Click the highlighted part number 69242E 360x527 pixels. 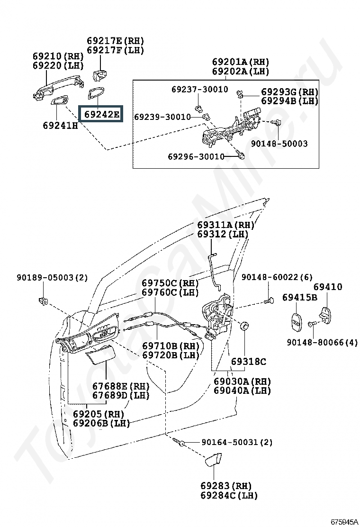[x=101, y=114]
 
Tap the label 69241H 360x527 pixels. [x=61, y=126]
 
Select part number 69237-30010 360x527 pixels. [x=200, y=89]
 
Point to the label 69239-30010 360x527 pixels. [x=162, y=117]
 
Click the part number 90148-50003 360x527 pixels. [x=279, y=144]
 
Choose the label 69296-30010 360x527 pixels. [x=196, y=156]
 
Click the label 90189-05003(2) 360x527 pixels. [x=52, y=277]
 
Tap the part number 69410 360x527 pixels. [x=328, y=287]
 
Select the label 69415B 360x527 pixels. [x=299, y=297]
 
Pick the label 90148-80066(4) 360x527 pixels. [x=322, y=342]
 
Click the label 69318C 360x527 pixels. [x=249, y=362]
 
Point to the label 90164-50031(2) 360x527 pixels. [x=237, y=442]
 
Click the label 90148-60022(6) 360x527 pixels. [x=277, y=277]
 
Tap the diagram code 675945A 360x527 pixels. [x=344, y=522]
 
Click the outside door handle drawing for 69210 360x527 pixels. [x=58, y=86]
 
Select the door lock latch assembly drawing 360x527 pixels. [x=216, y=317]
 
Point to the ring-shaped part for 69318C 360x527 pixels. [x=245, y=325]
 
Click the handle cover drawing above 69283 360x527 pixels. [x=213, y=459]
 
